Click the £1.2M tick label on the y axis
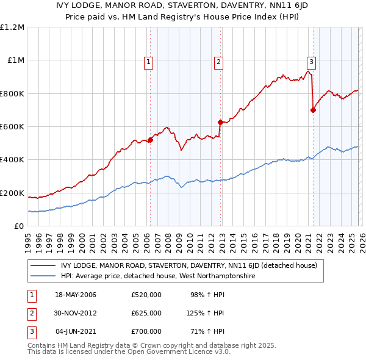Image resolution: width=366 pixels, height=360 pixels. (12, 27)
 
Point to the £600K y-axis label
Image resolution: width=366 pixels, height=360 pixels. (12, 127)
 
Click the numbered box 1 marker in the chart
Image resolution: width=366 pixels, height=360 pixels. (149, 61)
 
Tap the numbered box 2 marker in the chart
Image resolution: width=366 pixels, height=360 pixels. (218, 61)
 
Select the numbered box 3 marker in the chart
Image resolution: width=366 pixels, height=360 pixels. (311, 61)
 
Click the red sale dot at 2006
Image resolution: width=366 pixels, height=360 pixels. (150, 140)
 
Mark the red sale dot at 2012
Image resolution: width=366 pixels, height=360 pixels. (220, 123)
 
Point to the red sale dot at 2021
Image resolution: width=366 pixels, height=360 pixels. (313, 110)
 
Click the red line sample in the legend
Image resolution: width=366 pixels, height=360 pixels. (43, 265)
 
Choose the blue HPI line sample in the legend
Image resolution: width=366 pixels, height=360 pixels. (43, 276)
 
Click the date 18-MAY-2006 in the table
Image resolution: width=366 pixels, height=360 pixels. (76, 295)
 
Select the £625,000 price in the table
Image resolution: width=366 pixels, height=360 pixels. (146, 313)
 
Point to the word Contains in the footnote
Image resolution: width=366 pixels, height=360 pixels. (43, 345)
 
